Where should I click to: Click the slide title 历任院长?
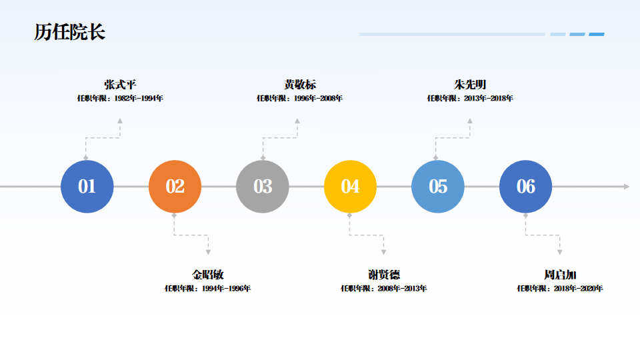coord(70,32)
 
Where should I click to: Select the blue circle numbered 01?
coord(87,187)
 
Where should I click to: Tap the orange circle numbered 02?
coord(175,187)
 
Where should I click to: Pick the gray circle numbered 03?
coord(263,187)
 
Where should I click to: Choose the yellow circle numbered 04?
coord(350,187)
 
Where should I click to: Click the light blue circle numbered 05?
coord(438,187)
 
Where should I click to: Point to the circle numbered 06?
coord(525,187)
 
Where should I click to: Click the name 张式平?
coord(120,85)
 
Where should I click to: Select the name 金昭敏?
coord(208,275)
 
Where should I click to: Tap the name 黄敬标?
coord(300,85)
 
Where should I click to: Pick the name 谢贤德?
coord(384,275)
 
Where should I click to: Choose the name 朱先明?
coord(470,85)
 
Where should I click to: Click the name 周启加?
coord(560,275)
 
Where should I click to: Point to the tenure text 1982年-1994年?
coord(139,99)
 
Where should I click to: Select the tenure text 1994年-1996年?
coord(226,289)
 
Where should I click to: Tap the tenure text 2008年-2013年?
coord(402,289)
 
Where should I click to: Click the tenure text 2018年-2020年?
coord(578,289)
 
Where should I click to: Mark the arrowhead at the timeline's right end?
coord(627,187)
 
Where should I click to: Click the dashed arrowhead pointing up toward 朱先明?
coord(470,121)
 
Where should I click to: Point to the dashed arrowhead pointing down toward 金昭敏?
coord(208,252)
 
